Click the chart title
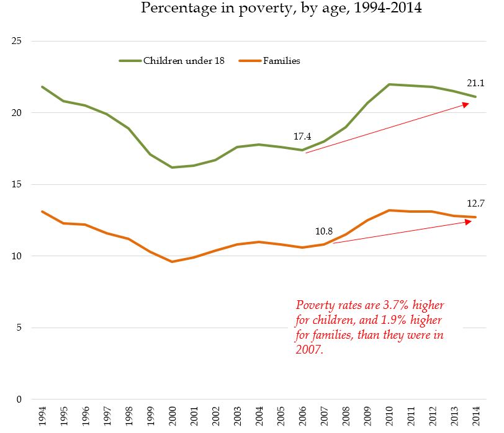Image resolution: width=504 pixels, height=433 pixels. point(282,8)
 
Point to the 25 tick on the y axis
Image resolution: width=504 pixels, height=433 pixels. point(17,41)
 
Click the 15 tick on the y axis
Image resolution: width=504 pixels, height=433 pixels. point(17,184)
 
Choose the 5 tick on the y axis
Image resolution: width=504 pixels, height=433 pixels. point(19,328)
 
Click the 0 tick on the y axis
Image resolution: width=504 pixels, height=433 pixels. point(19,400)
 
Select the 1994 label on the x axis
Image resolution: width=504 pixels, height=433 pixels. point(42,416)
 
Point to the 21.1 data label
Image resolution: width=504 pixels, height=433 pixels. point(475,83)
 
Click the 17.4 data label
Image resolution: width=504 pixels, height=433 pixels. point(303,136)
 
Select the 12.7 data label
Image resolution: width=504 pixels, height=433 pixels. point(475,202)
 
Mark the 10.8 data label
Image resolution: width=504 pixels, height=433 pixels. point(325,231)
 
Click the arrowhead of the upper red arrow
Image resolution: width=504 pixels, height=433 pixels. point(466,104)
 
